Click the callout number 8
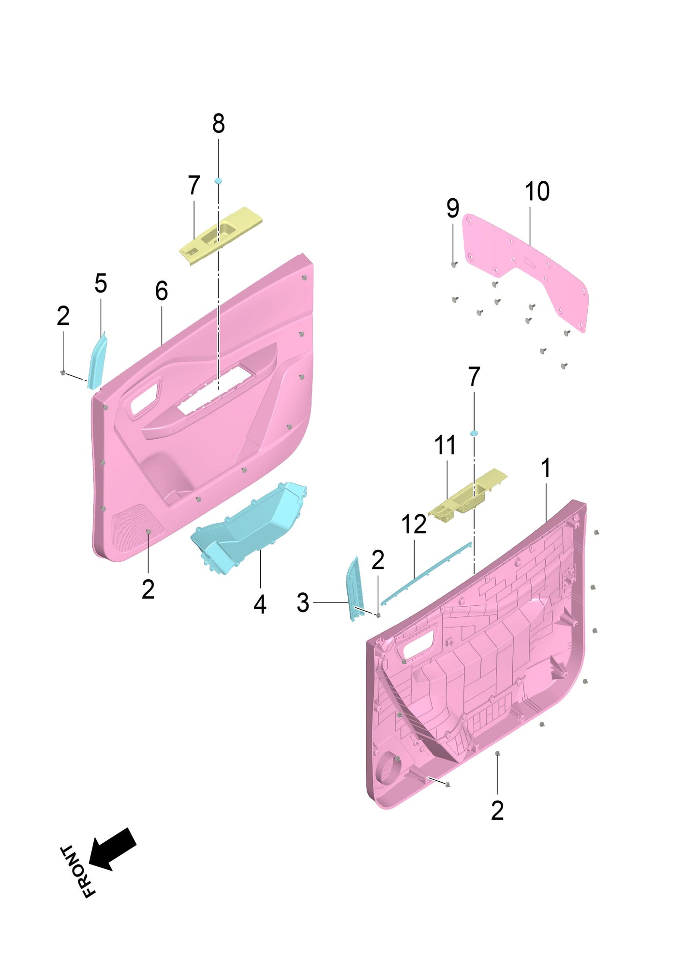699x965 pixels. (x=218, y=124)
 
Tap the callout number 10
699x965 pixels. (x=537, y=191)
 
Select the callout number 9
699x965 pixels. (x=453, y=208)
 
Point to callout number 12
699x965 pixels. (x=414, y=525)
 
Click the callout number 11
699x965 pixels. (x=445, y=445)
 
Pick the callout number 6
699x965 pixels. (x=162, y=291)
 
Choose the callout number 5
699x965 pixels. (x=101, y=283)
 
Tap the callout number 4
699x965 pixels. (x=260, y=604)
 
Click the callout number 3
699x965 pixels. (x=303, y=603)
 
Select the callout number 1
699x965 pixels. (x=546, y=468)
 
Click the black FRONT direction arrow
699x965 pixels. (x=112, y=849)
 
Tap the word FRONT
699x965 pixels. (x=77, y=872)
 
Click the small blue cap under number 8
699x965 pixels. (x=218, y=180)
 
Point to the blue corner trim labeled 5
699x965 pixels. (x=97, y=360)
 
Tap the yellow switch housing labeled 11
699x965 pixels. (x=467, y=496)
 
